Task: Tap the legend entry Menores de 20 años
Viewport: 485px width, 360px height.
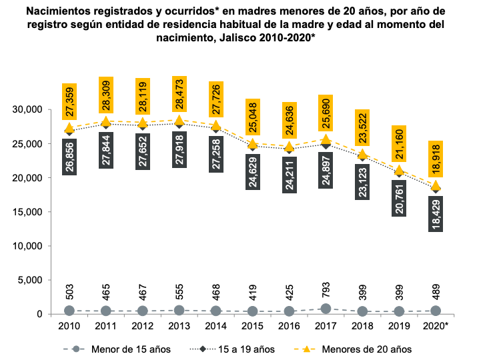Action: (x=358, y=349)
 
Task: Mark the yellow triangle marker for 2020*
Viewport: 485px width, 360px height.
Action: (x=436, y=186)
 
